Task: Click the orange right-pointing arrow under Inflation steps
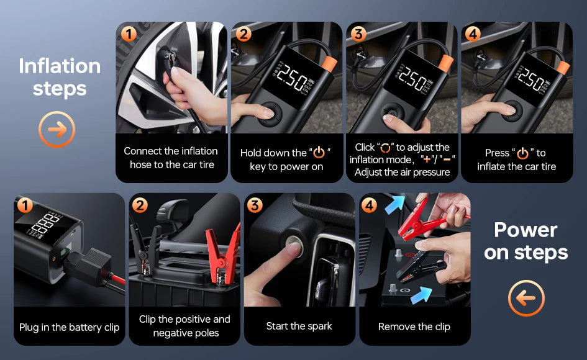pyautogui.click(x=57, y=129)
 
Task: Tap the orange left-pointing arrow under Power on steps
pyautogui.click(x=526, y=299)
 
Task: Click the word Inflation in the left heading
pyautogui.click(x=60, y=66)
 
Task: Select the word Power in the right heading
pyautogui.click(x=526, y=230)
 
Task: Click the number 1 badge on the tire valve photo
pyautogui.click(x=129, y=34)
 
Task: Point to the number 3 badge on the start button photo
pyautogui.click(x=255, y=205)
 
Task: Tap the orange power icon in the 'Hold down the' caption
pyautogui.click(x=319, y=153)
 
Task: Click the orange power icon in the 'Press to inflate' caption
pyautogui.click(x=522, y=153)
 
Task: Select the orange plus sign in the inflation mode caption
pyautogui.click(x=426, y=160)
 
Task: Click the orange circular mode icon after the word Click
pyautogui.click(x=385, y=148)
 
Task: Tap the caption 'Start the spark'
pyautogui.click(x=299, y=326)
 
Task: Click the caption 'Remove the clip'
pyautogui.click(x=414, y=326)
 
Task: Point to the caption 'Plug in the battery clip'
pyautogui.click(x=69, y=328)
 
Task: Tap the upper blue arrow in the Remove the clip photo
pyautogui.click(x=395, y=204)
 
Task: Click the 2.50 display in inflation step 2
pyautogui.click(x=293, y=78)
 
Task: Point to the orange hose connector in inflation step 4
pyautogui.click(x=563, y=68)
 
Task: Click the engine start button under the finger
pyautogui.click(x=294, y=245)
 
